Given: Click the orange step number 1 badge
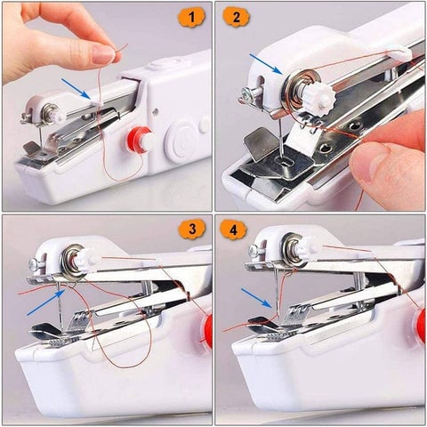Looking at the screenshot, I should [x=191, y=17].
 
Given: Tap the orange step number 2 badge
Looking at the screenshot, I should [x=236, y=17].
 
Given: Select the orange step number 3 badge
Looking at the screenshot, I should [x=190, y=230].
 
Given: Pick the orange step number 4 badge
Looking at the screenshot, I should [x=236, y=230].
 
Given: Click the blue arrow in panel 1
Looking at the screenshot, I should [x=76, y=86].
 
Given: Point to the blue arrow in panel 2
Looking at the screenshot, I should [x=265, y=63].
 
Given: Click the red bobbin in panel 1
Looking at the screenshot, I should [x=138, y=139].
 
